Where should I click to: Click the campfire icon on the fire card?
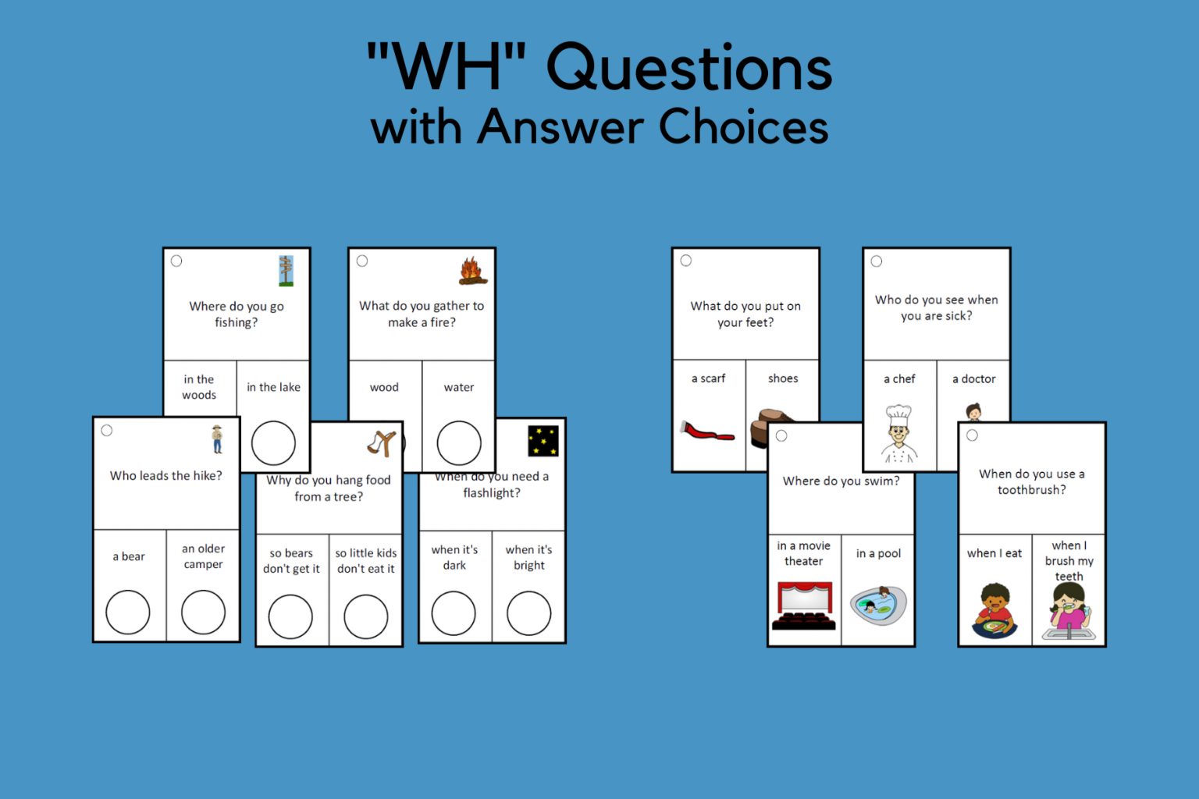(473, 271)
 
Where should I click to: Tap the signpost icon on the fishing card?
(286, 271)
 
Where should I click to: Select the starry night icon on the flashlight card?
(543, 441)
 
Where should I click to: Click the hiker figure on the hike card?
(217, 439)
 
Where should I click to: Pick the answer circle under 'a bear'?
(128, 612)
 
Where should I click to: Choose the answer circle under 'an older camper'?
(203, 612)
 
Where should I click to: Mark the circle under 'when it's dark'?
(454, 613)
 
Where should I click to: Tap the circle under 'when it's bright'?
(528, 613)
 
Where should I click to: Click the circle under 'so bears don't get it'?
(290, 616)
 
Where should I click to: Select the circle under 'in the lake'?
(273, 443)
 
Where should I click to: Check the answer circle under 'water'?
(459, 443)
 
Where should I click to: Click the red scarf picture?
(707, 431)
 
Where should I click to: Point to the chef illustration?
(899, 434)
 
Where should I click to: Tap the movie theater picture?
(804, 605)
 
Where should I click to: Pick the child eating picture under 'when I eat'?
(994, 610)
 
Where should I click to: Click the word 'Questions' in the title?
(689, 68)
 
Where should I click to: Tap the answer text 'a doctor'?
(973, 379)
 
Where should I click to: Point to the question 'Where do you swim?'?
(841, 481)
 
